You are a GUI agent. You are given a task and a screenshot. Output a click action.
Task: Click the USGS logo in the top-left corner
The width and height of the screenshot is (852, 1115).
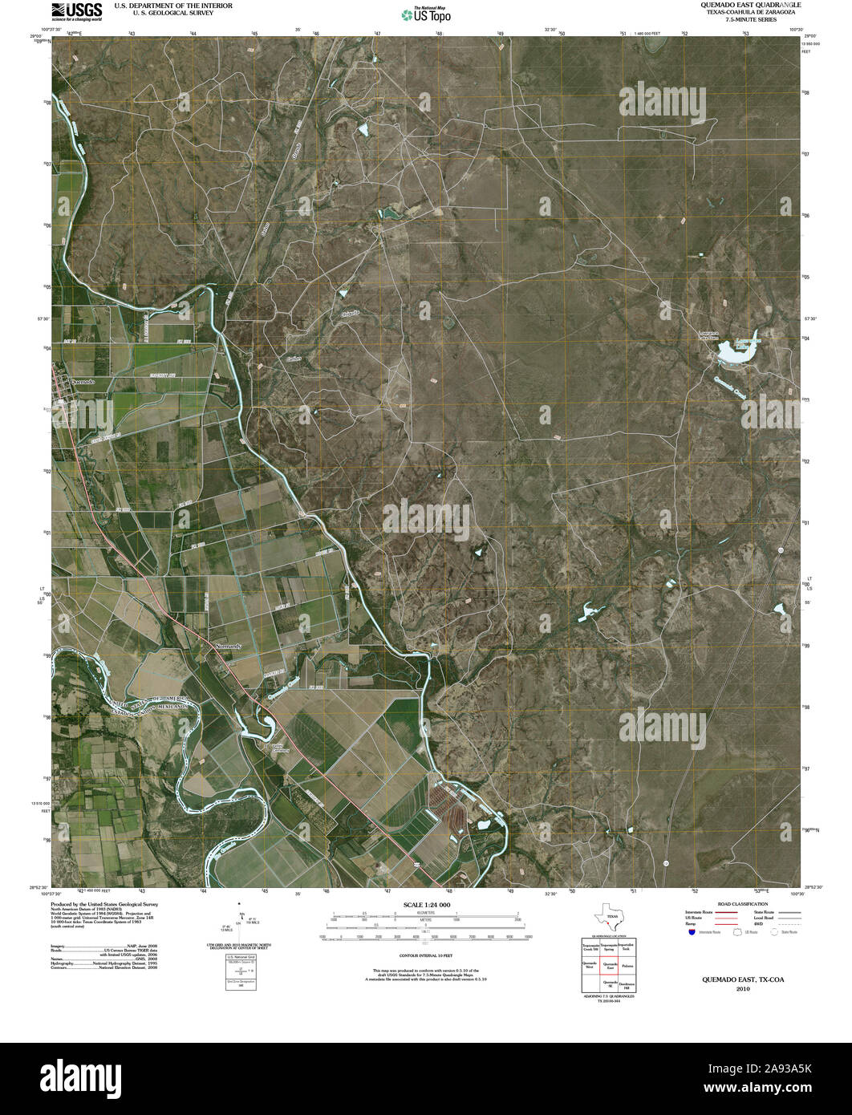point(76,10)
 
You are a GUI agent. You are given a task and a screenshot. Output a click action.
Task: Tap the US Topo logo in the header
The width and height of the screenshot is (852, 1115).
point(426,14)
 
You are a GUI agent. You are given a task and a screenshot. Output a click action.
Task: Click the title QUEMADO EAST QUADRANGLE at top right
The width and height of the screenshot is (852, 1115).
point(738,5)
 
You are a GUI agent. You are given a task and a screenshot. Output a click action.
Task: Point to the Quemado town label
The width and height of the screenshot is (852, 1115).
point(82,383)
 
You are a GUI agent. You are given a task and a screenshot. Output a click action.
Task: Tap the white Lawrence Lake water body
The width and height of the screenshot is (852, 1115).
point(736,350)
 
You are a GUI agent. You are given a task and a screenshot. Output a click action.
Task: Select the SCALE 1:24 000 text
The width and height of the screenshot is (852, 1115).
point(425,905)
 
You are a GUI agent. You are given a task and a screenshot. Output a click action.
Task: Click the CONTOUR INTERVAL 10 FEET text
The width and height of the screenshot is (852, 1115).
point(425,956)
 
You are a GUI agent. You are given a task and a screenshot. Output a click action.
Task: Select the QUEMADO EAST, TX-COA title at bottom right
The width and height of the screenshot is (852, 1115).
point(738,980)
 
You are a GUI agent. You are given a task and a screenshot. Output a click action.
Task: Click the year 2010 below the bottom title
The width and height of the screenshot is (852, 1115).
point(738,990)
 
